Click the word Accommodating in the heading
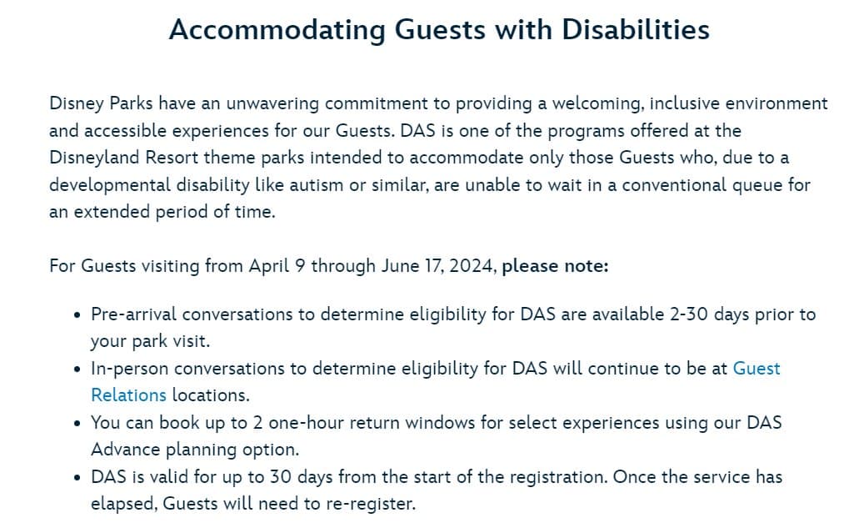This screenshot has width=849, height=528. tap(277, 30)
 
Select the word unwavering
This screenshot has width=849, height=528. tap(272, 103)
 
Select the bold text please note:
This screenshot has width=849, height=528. tap(555, 266)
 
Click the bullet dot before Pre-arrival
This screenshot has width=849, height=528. tap(77, 315)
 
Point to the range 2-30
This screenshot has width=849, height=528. tap(689, 314)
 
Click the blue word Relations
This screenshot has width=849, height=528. tap(129, 395)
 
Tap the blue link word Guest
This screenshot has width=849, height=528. tap(757, 369)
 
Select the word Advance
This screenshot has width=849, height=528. tap(126, 450)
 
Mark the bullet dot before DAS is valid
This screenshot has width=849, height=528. tap(77, 478)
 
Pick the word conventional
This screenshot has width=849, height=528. tap(675, 185)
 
